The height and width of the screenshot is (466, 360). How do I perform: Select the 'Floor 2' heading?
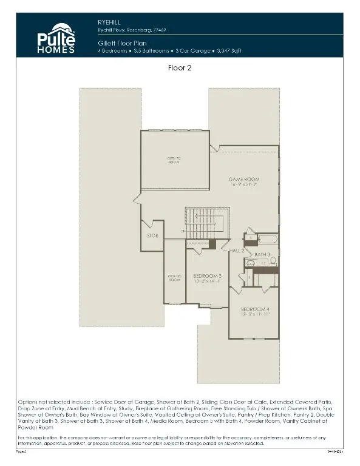(x=180, y=69)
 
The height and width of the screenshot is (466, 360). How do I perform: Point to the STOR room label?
(x=152, y=235)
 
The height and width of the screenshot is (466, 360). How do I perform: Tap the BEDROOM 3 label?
(x=207, y=275)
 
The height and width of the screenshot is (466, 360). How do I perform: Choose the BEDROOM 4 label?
(x=254, y=309)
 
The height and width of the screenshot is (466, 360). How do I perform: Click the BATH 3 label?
(x=262, y=254)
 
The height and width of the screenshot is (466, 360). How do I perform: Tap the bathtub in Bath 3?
(x=265, y=239)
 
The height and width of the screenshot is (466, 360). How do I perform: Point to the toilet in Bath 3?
(x=273, y=261)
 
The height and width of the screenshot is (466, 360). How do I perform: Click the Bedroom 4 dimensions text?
(x=254, y=315)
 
